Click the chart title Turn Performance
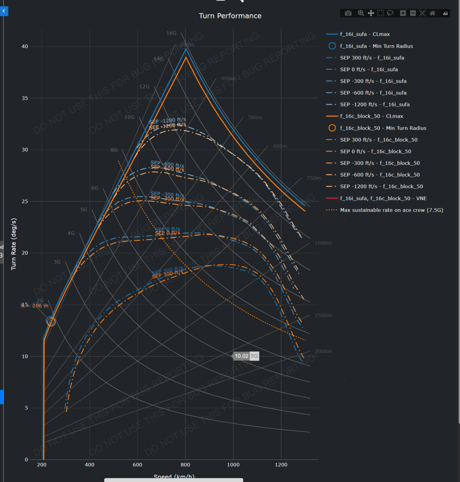tap(230, 16)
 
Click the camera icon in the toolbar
tap(348, 13)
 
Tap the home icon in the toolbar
tap(432, 13)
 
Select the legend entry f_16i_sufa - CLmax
tap(365, 34)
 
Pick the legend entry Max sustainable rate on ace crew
tap(391, 210)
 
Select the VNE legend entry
tap(383, 198)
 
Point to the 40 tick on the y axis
tap(25, 47)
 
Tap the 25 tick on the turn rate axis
tap(25, 201)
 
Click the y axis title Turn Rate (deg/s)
tap(14, 244)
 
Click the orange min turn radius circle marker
tap(51, 321)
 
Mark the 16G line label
tap(172, 33)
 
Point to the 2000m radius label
tap(323, 352)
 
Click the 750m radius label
tap(313, 178)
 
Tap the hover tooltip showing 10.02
tap(241, 356)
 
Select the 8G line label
tap(114, 150)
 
